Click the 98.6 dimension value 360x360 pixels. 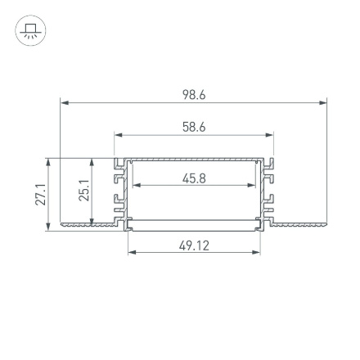(194, 96)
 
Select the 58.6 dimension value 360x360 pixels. (194, 128)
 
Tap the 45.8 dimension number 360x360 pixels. (194, 178)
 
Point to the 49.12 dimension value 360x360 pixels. (194, 245)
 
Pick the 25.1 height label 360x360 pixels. (84, 191)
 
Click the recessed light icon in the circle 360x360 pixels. (31, 31)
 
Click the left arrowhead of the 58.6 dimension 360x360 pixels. (117, 135)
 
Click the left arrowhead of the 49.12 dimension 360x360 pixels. (131, 252)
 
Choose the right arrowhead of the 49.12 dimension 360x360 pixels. (257, 252)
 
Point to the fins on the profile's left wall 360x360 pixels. (120, 192)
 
